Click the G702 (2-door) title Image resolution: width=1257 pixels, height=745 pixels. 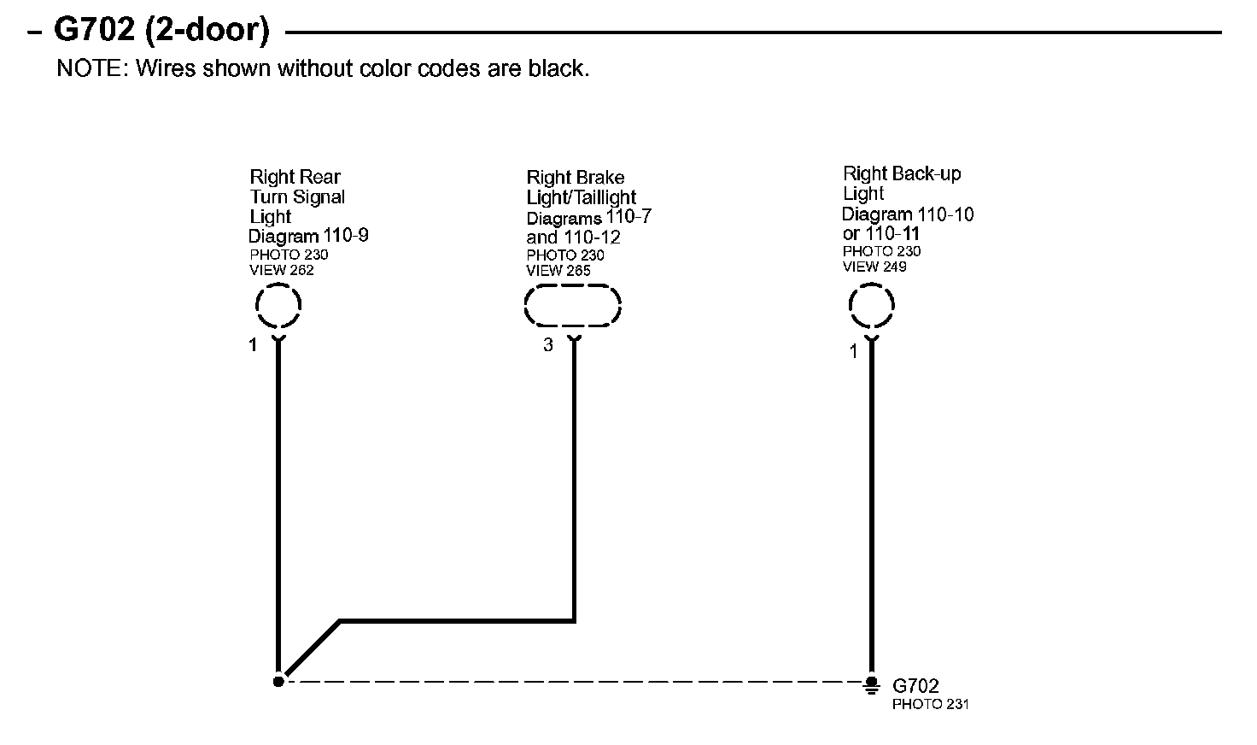pyautogui.click(x=161, y=31)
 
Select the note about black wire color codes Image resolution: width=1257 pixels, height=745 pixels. pyautogui.click(x=323, y=68)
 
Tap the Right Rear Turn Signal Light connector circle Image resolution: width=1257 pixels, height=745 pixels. pyautogui.click(x=278, y=306)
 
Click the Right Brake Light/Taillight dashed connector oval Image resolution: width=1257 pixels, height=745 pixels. pyautogui.click(x=572, y=306)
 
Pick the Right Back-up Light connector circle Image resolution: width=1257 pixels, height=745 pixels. pyautogui.click(x=871, y=305)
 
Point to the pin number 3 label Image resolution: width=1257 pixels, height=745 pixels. pyautogui.click(x=548, y=345)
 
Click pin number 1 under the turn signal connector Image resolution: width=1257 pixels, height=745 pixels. pyautogui.click(x=253, y=345)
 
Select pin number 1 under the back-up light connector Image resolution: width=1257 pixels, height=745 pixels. pyautogui.click(x=853, y=351)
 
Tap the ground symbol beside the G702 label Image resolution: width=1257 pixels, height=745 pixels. pyautogui.click(x=871, y=683)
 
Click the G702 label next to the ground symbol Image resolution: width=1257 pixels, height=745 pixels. pyautogui.click(x=915, y=686)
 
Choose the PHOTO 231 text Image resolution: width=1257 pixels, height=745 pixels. pyautogui.click(x=930, y=705)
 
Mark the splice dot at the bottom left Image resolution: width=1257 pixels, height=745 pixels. pyautogui.click(x=278, y=681)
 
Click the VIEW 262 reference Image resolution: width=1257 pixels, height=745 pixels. pyautogui.click(x=282, y=271)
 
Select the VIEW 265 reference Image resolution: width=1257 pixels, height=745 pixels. pyautogui.click(x=558, y=271)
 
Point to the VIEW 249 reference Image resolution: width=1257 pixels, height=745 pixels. pyautogui.click(x=874, y=267)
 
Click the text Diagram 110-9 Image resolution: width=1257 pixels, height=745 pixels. pyautogui.click(x=308, y=236)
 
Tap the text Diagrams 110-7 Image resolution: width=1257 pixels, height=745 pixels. pyautogui.click(x=589, y=218)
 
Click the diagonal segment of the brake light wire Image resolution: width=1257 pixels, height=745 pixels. pyautogui.click(x=312, y=648)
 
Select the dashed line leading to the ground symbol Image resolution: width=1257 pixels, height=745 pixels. pyautogui.click(x=572, y=682)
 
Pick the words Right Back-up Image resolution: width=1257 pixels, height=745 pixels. pyautogui.click(x=902, y=174)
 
